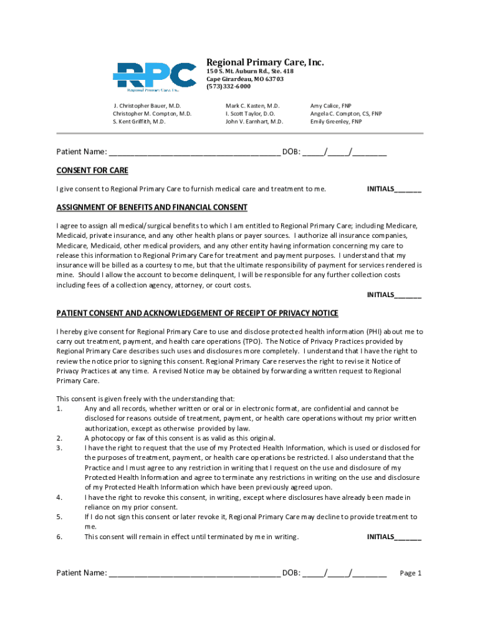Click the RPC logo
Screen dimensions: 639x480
pos(154,77)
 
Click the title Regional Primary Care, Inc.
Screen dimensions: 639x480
pos(265,62)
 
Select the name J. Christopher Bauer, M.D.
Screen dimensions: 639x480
pos(147,106)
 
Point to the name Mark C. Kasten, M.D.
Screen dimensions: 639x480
pos(252,106)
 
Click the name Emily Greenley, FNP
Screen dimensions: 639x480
pos(335,122)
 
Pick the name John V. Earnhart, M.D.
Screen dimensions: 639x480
pos(254,122)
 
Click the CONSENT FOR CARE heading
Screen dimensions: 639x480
pos(92,170)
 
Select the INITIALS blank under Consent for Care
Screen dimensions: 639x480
pos(408,190)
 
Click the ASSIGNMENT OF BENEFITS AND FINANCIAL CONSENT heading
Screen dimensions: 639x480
pos(152,207)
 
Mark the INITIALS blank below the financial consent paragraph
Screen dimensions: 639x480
pos(408,296)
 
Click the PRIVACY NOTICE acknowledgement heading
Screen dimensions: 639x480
pos(197,313)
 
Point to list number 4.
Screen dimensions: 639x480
pos(59,497)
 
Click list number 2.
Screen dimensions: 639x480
pos(59,438)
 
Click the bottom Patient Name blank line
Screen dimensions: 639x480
pos(194,574)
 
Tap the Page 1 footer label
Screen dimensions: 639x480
pos(411,573)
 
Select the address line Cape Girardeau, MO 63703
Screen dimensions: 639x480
pos(245,79)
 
